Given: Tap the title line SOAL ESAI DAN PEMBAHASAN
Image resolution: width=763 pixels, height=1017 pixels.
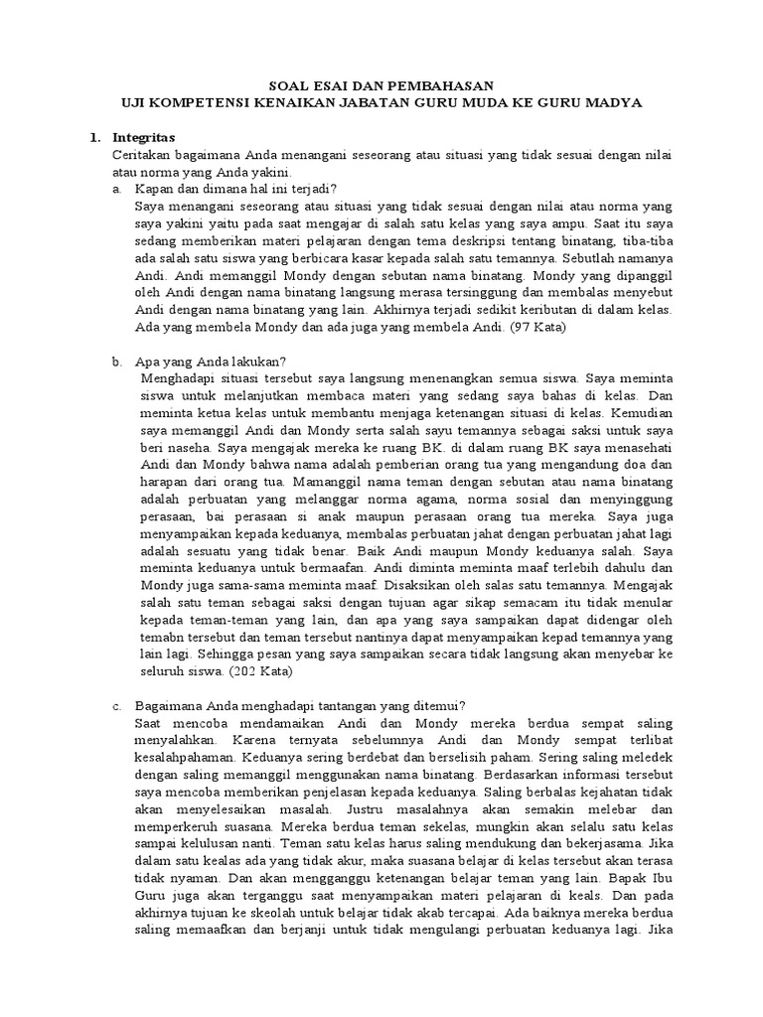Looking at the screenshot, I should (381, 86).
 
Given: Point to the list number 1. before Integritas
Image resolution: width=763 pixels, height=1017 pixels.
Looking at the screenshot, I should (96, 136).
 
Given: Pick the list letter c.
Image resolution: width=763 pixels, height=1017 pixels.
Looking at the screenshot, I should (117, 704).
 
